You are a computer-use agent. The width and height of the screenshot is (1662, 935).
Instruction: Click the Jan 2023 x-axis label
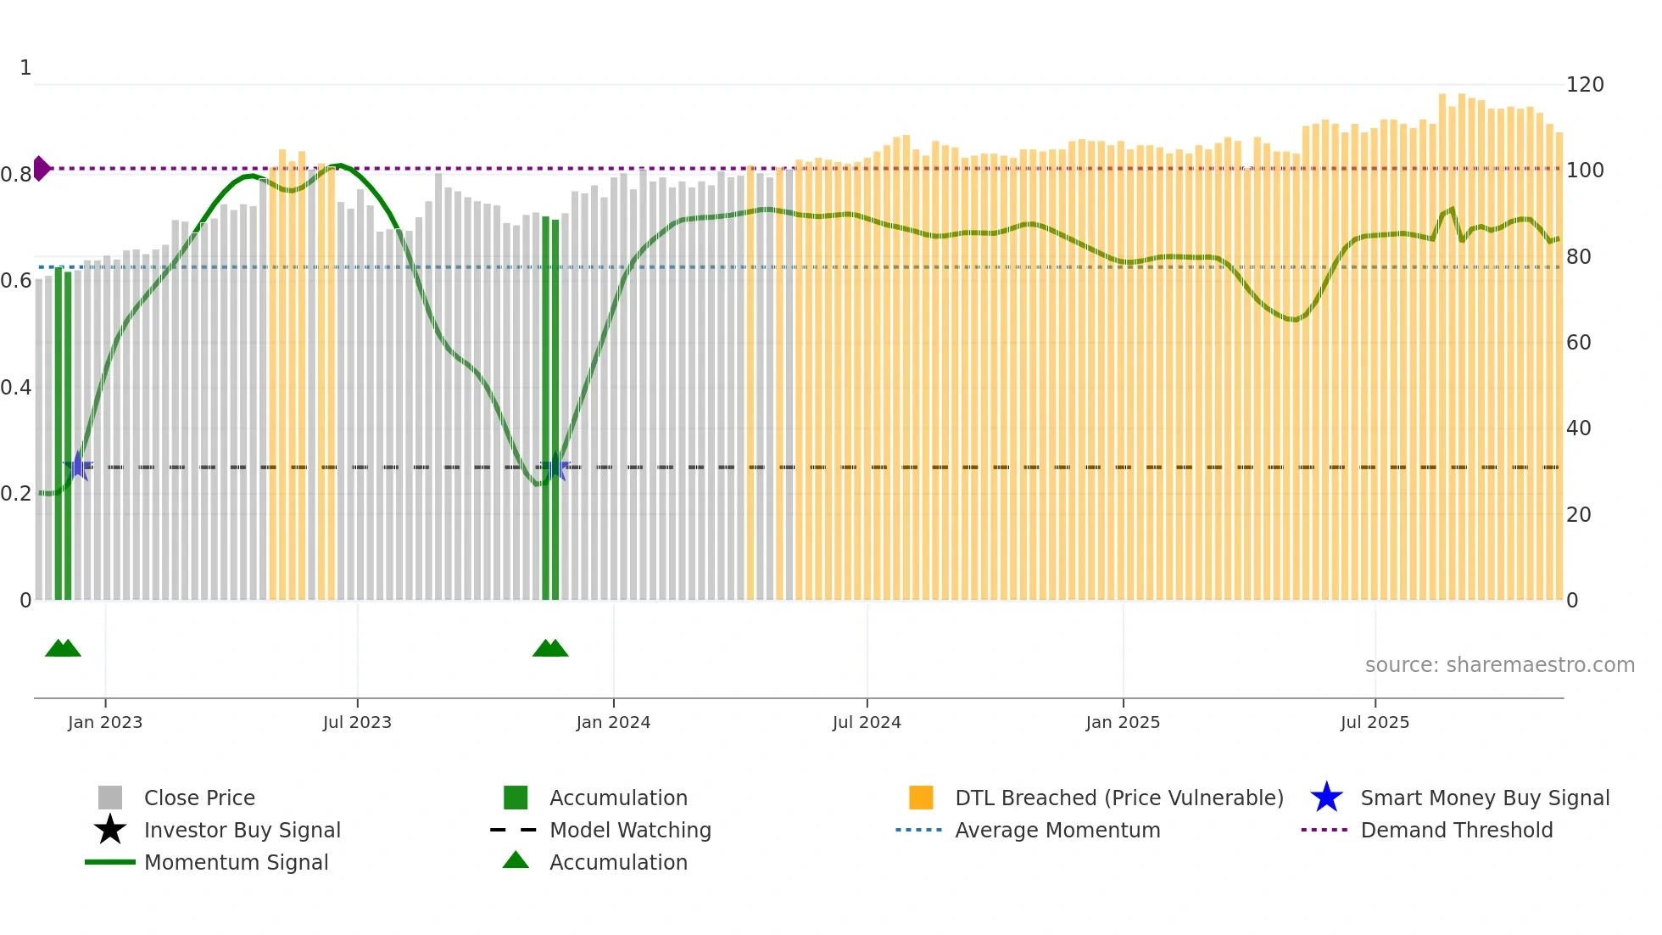tap(105, 722)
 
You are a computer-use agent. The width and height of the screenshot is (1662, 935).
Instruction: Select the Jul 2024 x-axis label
tap(867, 722)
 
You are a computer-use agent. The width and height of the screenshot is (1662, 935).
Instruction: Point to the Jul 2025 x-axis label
tap(1375, 722)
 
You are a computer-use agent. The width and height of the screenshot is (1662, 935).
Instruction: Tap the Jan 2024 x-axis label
tap(613, 722)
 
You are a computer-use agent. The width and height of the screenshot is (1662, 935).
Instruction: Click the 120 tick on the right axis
tap(1584, 85)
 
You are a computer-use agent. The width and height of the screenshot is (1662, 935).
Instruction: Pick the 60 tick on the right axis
tap(1578, 343)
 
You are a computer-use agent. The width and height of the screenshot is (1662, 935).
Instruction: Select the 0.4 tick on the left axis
tap(16, 388)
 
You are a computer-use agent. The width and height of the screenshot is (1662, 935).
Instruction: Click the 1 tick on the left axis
tap(25, 68)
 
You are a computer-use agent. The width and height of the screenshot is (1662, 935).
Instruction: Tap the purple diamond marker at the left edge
tap(41, 169)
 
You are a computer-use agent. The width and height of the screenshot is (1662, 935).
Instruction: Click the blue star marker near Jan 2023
tap(78, 466)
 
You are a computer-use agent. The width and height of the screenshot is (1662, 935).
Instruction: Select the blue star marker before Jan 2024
tap(555, 467)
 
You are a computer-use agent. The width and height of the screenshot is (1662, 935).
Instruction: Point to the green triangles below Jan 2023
tap(63, 648)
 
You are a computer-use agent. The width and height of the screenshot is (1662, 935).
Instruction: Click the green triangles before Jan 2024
tap(550, 648)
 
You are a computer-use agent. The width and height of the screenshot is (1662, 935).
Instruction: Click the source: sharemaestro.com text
tap(1499, 665)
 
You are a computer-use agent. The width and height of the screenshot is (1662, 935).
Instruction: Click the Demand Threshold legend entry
tap(1456, 830)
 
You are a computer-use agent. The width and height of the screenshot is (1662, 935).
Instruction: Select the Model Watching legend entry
tap(629, 830)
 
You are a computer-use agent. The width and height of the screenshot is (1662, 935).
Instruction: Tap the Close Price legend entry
tap(198, 798)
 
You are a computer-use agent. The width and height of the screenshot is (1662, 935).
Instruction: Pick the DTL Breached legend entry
tap(1118, 798)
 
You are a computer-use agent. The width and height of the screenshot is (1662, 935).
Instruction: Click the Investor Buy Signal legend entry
tap(242, 830)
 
